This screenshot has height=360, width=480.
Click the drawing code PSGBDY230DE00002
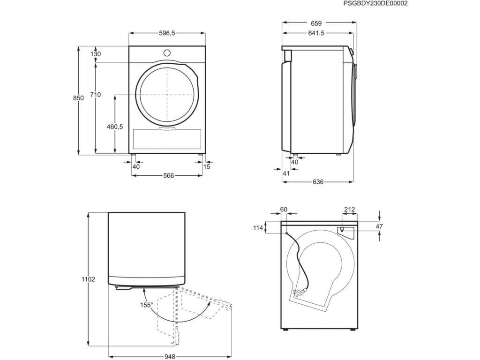pos(375,3)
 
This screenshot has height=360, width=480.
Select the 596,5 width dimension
pos(167,33)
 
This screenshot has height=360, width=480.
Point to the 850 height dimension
pos(78,98)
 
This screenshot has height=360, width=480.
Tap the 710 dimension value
pos(96,95)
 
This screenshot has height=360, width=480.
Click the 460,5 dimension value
pos(114,127)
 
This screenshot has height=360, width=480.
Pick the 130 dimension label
pos(96,54)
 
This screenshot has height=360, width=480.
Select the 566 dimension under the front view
pos(168,176)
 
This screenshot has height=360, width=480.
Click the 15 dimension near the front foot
pos(207,166)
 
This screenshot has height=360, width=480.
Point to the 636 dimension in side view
pos(318,182)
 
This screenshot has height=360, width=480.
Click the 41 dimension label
pos(287,173)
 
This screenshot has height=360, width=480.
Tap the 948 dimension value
pos(170,357)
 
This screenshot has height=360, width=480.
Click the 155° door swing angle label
pos(146,305)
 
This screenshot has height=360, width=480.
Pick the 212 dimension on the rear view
pos(349,210)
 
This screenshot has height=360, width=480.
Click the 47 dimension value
pos(380,227)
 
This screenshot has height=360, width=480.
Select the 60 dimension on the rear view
pos(283,210)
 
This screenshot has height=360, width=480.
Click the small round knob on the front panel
pos(167,52)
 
